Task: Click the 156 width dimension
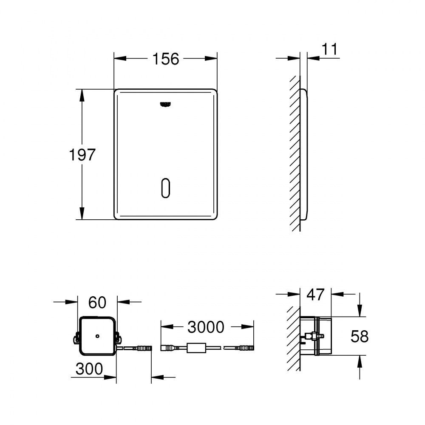coord(166,59)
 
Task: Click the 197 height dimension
coord(82,155)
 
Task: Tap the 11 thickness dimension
coord(330,49)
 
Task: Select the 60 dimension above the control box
coord(97,302)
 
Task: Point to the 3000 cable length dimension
coord(206,327)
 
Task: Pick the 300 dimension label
coord(89,369)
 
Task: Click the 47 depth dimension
coord(315,295)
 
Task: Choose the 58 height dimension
coord(360,336)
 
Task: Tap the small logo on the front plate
coord(166,105)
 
